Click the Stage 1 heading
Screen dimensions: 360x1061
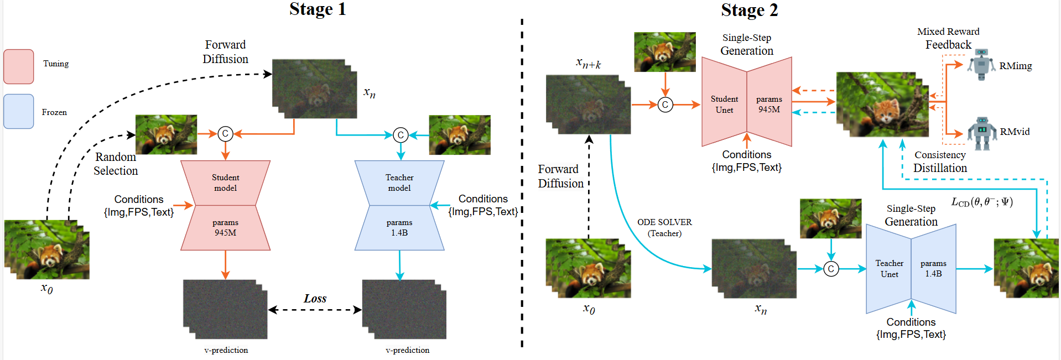pos(318,9)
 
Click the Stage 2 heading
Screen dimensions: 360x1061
pos(749,10)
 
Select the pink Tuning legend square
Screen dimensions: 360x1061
pos(19,66)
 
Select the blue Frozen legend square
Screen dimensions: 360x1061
pos(19,111)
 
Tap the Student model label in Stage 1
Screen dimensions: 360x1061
pos(225,182)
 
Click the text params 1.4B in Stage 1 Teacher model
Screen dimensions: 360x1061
pos(399,227)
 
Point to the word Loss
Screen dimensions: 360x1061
pos(315,299)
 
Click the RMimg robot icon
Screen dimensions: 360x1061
pos(981,64)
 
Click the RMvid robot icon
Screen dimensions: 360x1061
pos(982,133)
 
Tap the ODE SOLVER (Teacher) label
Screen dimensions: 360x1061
pos(664,227)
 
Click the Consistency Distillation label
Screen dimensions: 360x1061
pos(940,161)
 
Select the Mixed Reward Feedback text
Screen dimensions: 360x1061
pos(948,38)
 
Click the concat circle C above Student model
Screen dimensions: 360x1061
pos(225,134)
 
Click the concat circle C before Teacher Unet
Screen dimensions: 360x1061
pos(831,269)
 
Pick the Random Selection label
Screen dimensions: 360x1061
pos(115,164)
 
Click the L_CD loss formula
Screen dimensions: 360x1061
pos(982,202)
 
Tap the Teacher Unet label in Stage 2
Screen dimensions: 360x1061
pos(889,269)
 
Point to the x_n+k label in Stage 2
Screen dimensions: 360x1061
pos(588,64)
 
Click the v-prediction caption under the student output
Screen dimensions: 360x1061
pos(226,350)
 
